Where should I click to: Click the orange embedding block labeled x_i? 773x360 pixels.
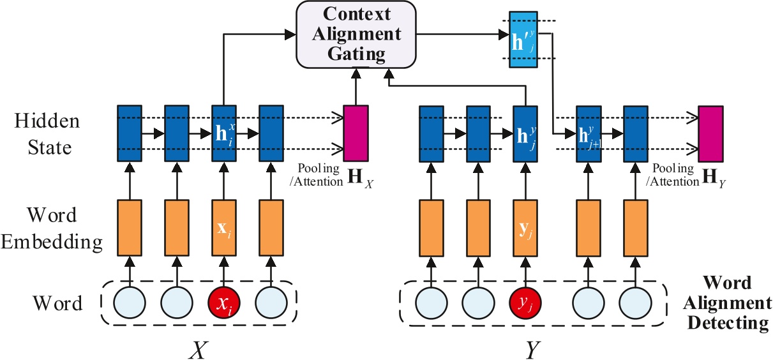coord(224,226)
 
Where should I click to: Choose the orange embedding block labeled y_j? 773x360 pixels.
coord(525,226)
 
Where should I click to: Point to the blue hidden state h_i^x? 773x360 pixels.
coord(224,133)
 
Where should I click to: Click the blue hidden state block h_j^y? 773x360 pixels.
coord(525,133)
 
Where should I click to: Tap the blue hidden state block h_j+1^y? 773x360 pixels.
coord(588,133)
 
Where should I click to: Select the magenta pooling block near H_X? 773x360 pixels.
coord(356,133)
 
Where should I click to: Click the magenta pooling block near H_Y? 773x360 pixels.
coord(710,133)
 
